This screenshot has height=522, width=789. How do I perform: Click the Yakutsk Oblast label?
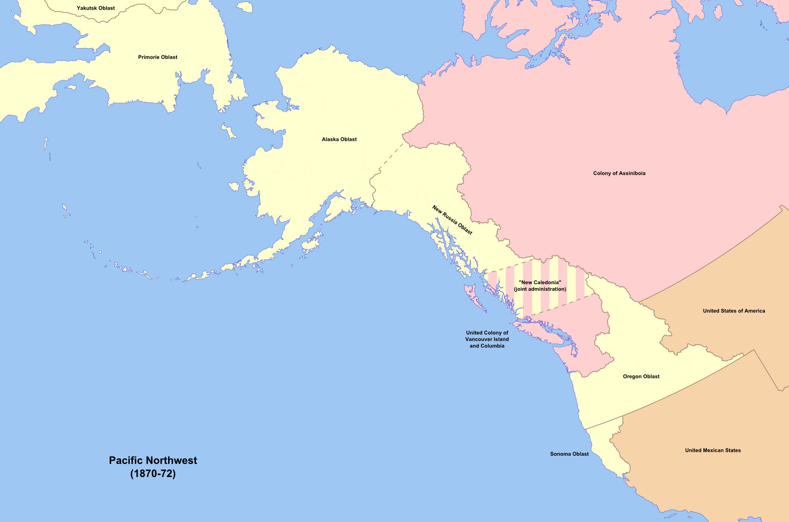tap(96, 8)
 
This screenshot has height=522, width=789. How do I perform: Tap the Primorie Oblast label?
tap(157, 57)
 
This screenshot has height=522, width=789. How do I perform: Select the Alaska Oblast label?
tap(339, 139)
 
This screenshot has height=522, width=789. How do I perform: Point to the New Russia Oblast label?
tap(452, 220)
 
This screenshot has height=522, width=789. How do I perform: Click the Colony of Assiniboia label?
tap(619, 173)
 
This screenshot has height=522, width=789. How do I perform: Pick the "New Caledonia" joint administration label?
tap(540, 286)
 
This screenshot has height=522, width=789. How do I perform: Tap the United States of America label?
tap(734, 311)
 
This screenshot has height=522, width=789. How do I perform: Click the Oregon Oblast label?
tap(641, 376)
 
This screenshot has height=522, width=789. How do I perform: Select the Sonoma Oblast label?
tap(569, 454)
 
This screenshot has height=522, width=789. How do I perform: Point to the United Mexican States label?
tap(713, 450)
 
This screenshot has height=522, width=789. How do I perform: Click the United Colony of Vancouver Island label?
tap(487, 339)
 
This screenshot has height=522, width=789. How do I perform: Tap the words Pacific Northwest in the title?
tap(153, 460)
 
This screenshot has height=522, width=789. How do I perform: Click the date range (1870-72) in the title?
tap(153, 473)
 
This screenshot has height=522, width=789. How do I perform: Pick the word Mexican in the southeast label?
tap(713, 450)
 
